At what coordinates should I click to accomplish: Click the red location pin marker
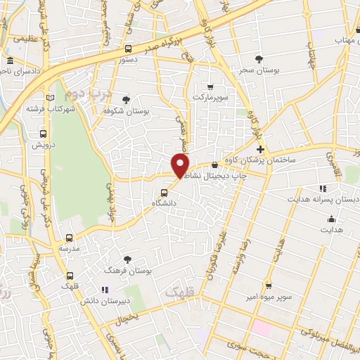181,166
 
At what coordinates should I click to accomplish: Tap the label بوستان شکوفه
127,111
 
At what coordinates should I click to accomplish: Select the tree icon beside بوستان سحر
259,58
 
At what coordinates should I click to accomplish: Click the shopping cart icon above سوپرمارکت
210,86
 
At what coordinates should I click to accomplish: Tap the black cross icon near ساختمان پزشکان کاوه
260,150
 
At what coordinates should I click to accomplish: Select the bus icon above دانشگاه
165,191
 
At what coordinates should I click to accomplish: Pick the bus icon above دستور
128,49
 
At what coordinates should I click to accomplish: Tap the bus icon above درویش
44,134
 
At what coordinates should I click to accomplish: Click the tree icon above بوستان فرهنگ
127,259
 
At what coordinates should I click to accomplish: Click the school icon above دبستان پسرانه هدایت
323,188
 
